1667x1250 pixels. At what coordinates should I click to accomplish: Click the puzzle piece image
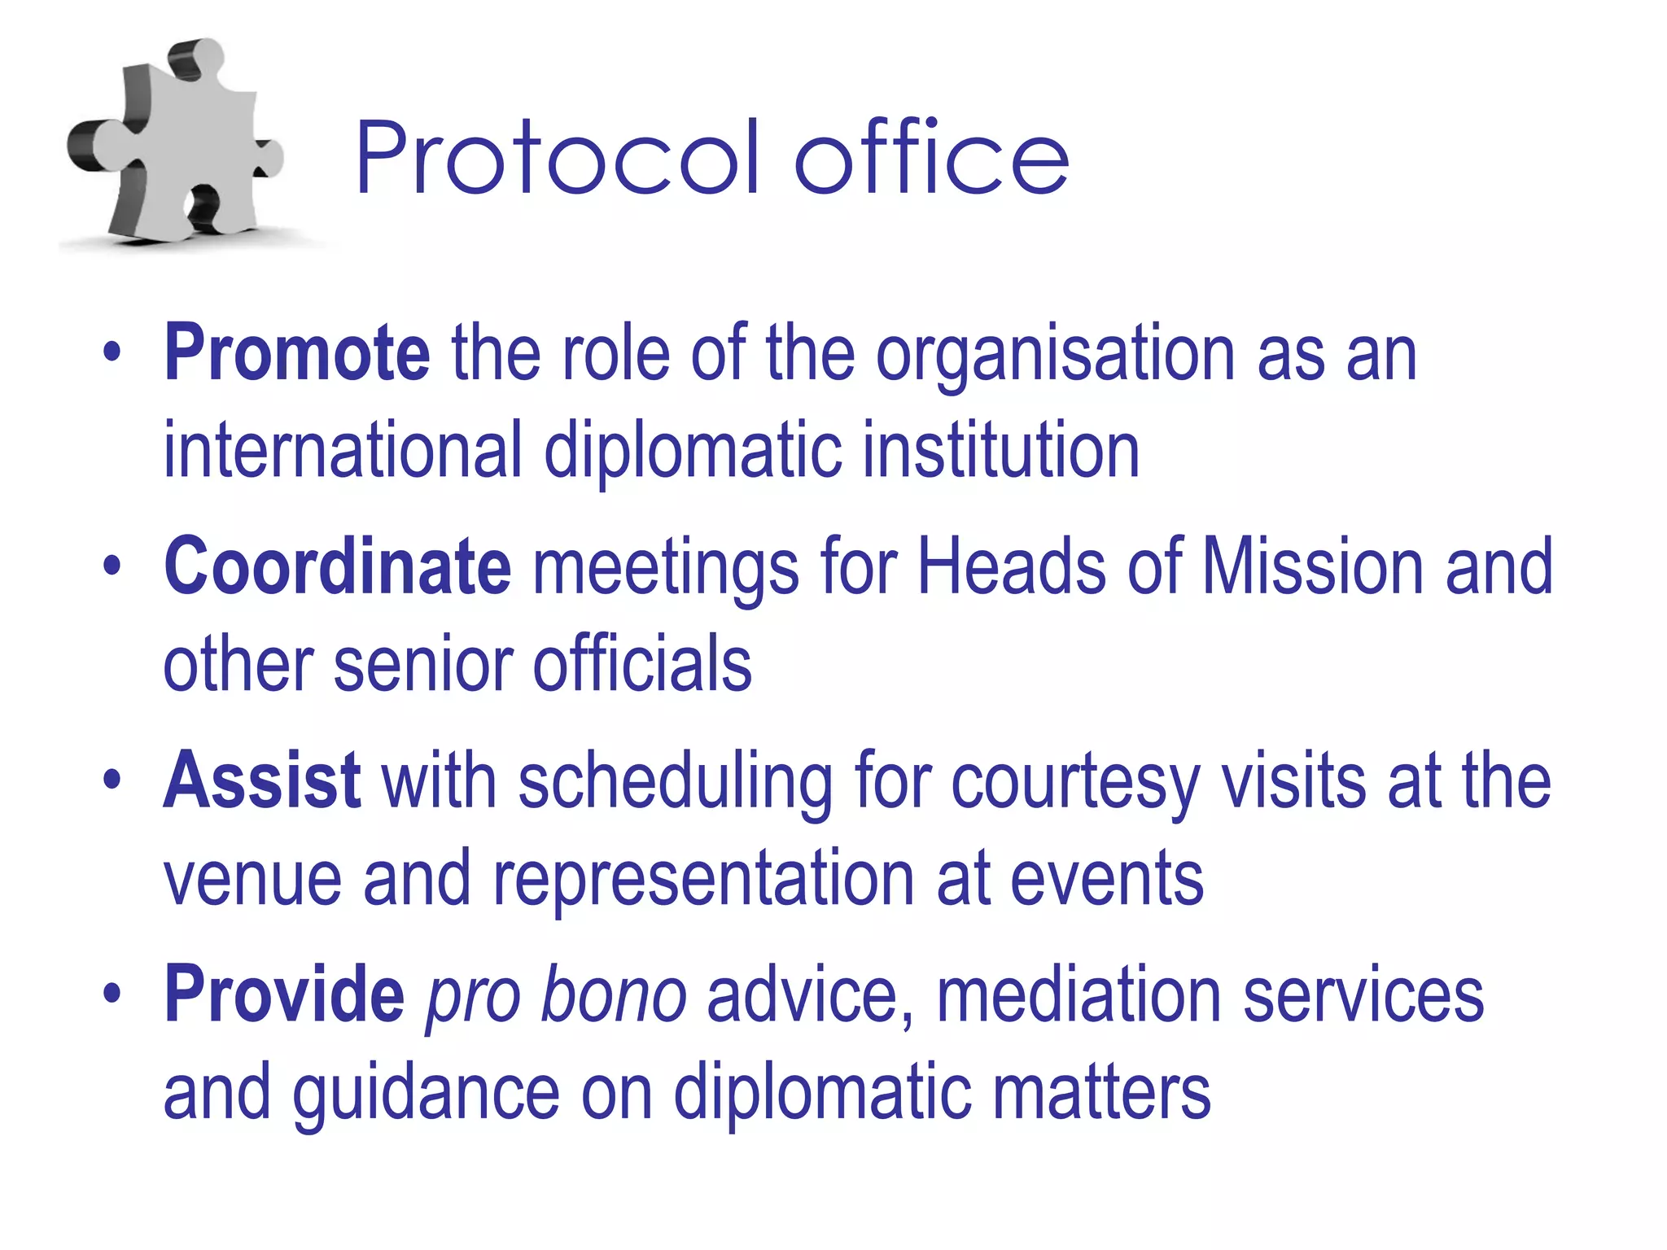pos(175,142)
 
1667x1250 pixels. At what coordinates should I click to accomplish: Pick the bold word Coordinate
pos(338,566)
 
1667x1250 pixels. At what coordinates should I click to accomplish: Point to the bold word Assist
pos(262,780)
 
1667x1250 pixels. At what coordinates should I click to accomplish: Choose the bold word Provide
pos(284,994)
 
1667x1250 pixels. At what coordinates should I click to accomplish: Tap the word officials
pos(642,664)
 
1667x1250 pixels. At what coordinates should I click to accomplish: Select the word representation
pos(704,879)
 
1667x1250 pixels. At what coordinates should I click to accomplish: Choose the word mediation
pos(1079,994)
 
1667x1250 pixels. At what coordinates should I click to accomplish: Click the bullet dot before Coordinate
pos(112,566)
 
